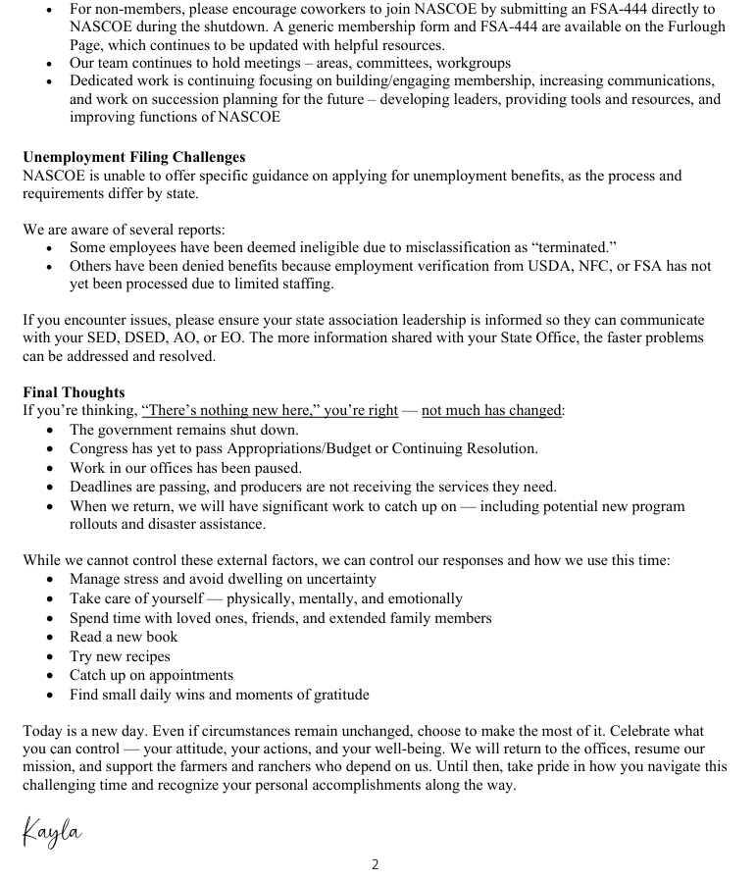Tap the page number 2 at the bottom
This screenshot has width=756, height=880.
pyautogui.click(x=375, y=864)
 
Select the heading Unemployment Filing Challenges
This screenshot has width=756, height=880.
pyautogui.click(x=134, y=157)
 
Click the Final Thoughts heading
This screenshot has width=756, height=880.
pyautogui.click(x=74, y=392)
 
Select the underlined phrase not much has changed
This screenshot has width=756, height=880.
pyautogui.click(x=492, y=411)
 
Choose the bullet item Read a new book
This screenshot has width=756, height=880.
pyautogui.click(x=124, y=637)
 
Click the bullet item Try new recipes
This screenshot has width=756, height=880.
pyautogui.click(x=120, y=656)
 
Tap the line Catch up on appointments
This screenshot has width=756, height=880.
pyautogui.click(x=151, y=675)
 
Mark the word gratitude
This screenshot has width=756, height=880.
pyautogui.click(x=337, y=695)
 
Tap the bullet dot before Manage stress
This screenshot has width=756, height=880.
pyautogui.click(x=51, y=580)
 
